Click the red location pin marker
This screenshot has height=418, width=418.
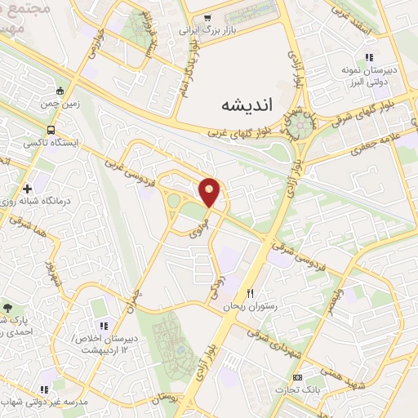210,192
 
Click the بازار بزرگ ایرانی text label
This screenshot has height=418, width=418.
207,31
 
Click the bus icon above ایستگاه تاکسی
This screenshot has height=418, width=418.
51,129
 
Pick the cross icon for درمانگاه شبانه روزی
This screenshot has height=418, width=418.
28,187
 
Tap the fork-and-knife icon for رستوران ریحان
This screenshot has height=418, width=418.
251,294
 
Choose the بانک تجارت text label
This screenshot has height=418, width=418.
296,389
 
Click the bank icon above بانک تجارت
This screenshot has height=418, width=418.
296,377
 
